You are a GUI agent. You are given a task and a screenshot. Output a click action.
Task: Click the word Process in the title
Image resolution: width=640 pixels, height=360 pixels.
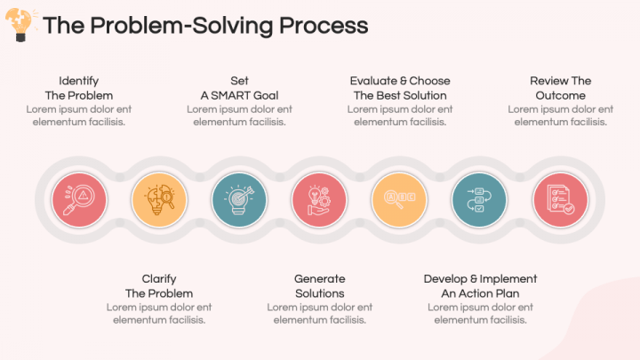click(324, 25)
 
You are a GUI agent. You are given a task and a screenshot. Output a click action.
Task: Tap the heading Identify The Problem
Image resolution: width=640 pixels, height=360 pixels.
click(79, 88)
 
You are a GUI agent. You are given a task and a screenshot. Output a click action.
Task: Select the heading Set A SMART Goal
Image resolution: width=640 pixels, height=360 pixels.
click(239, 88)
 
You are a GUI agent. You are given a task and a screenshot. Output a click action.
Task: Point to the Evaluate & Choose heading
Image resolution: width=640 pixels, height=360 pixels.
click(400, 81)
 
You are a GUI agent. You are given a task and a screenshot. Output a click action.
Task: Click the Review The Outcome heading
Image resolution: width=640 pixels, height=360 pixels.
click(560, 88)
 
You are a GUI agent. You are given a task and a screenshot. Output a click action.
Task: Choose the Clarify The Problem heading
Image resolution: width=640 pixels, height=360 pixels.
click(159, 285)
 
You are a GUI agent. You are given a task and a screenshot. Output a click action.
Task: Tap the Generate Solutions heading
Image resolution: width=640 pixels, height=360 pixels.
click(319, 285)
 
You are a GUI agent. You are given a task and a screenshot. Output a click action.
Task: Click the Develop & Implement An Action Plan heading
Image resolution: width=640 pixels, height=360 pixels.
click(480, 285)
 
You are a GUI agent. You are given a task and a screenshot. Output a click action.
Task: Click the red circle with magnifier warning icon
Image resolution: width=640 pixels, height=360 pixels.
click(79, 197)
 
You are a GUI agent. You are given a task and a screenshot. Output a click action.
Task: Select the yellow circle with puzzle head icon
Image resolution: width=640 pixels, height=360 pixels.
click(159, 197)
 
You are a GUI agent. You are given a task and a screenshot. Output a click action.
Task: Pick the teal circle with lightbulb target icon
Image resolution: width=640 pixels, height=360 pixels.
click(239, 197)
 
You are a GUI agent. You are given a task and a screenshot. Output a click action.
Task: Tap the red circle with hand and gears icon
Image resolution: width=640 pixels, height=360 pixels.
click(319, 197)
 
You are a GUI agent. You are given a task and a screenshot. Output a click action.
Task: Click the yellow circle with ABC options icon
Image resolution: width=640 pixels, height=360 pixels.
click(399, 197)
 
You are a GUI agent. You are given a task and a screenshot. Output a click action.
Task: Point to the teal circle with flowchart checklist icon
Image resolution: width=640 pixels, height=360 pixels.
click(479, 197)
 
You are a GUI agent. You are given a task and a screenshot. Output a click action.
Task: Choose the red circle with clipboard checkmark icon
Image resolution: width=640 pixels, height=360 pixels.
click(559, 197)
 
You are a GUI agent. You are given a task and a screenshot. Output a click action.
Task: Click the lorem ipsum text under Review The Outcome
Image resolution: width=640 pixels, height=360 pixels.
click(560, 116)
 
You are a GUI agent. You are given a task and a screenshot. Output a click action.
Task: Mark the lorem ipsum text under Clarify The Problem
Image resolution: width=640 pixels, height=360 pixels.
click(159, 313)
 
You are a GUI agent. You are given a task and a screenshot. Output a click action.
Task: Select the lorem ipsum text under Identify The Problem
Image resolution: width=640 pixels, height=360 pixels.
click(79, 116)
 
